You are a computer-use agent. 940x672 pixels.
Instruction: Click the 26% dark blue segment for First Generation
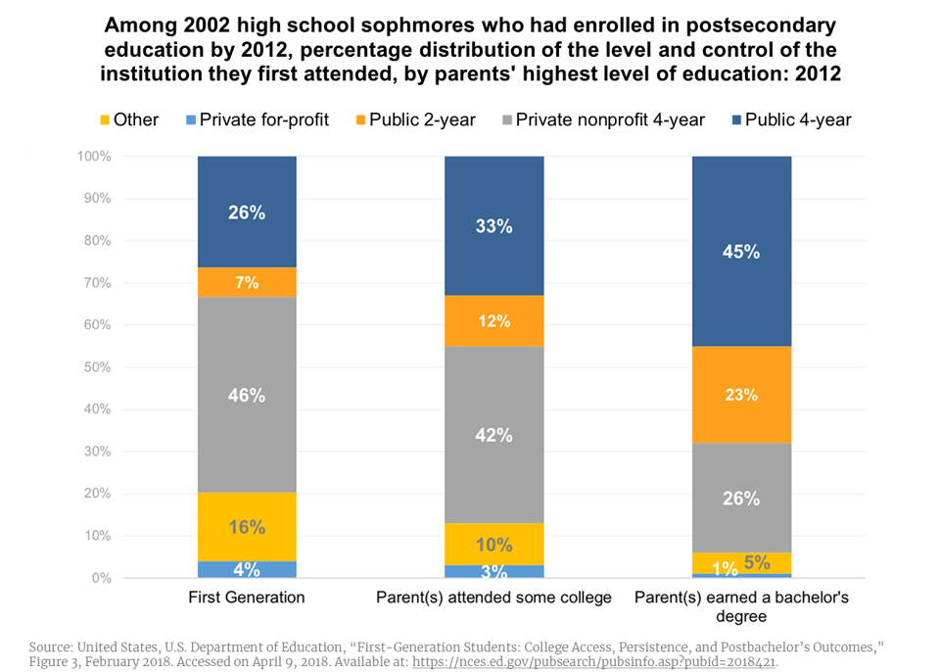coord(247,212)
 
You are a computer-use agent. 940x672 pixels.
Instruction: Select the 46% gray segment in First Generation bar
coord(247,395)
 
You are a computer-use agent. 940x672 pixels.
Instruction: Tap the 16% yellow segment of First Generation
coord(247,527)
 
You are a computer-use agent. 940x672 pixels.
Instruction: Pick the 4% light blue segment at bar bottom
coord(247,569)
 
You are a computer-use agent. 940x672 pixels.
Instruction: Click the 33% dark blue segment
coord(493,225)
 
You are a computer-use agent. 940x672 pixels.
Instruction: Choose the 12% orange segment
coord(493,321)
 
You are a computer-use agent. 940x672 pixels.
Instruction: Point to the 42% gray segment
coord(493,435)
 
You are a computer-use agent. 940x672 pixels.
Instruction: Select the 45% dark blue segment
coord(741,251)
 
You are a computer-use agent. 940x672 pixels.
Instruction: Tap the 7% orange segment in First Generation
coord(247,282)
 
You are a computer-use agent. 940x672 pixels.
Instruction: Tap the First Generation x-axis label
coord(247,597)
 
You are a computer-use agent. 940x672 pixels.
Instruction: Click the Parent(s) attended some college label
coord(493,597)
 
